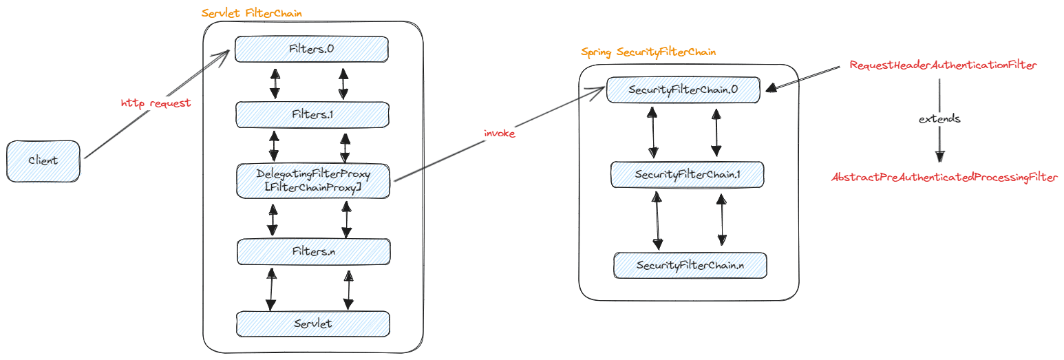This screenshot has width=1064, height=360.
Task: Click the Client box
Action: tap(43, 160)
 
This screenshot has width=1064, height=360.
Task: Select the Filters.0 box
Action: tap(312, 48)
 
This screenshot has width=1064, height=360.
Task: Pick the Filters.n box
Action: tap(312, 252)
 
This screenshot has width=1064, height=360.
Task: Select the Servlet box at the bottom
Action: tap(312, 324)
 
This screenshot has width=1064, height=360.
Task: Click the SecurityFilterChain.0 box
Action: tap(683, 89)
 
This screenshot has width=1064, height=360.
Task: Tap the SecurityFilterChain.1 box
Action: tap(688, 174)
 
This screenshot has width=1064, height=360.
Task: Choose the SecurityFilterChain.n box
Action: tap(690, 265)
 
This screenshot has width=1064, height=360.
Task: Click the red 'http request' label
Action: tap(156, 103)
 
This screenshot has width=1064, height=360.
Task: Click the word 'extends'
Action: tap(939, 119)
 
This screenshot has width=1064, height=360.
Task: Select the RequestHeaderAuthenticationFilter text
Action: tap(943, 65)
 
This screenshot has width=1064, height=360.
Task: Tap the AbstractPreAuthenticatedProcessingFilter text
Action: tap(944, 178)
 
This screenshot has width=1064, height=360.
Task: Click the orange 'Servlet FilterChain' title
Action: tap(251, 13)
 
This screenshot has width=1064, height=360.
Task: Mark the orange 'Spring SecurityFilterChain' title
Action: tap(648, 52)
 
